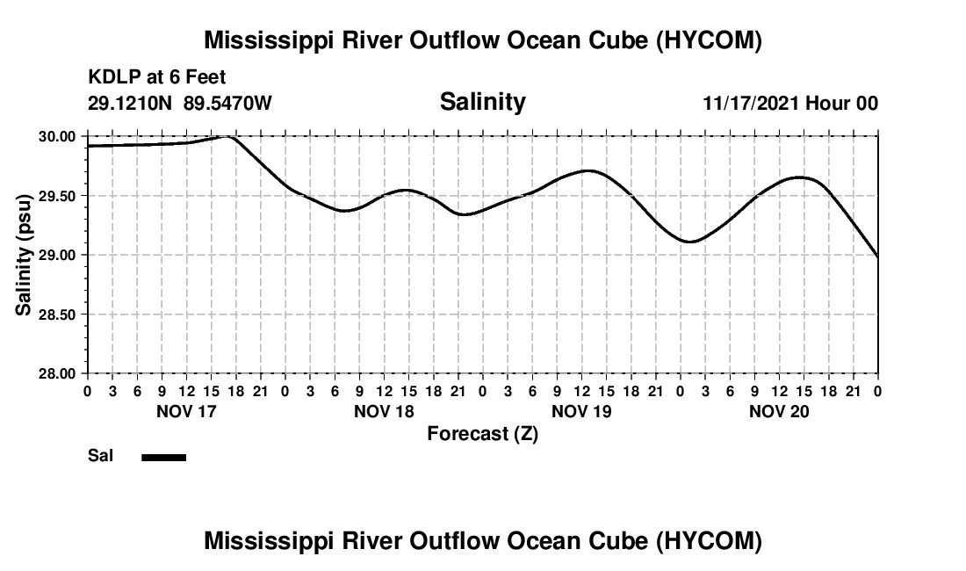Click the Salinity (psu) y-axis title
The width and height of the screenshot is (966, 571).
tap(24, 255)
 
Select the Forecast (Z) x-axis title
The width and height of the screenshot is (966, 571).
tap(482, 434)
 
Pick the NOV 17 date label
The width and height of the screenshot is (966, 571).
tap(185, 411)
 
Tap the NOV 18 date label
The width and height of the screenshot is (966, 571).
tap(384, 411)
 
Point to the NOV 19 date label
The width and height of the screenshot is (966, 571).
tap(581, 411)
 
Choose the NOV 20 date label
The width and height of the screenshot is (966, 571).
tap(779, 411)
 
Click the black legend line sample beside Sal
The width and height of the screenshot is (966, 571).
tap(163, 457)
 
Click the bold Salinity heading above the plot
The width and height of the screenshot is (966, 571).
tap(482, 102)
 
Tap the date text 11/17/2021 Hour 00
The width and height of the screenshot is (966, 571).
tap(789, 104)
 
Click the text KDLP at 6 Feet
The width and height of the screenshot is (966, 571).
tap(157, 78)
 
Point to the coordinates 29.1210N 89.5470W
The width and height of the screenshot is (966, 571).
tap(180, 104)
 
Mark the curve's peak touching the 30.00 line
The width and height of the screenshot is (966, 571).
tap(228, 136)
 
